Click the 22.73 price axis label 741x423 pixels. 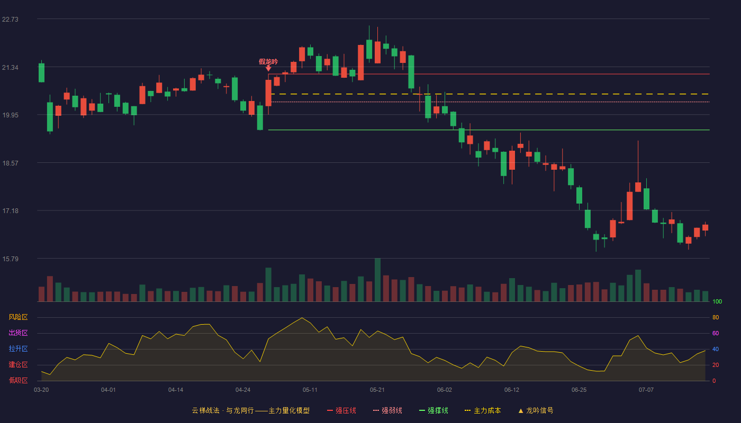(10, 19)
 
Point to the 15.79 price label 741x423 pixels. (10, 259)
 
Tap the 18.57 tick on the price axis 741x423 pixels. (10, 163)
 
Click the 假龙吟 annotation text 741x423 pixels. (268, 62)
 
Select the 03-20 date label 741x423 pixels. (41, 390)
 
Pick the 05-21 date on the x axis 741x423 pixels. (377, 390)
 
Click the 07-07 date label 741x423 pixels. (646, 390)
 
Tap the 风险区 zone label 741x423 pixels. (18, 317)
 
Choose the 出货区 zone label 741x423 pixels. (18, 333)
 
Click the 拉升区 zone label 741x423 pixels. (18, 348)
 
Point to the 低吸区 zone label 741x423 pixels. (18, 380)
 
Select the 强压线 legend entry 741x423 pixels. (341, 410)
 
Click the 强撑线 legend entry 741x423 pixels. (433, 410)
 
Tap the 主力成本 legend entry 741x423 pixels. (483, 410)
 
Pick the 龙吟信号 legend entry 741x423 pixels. (536, 410)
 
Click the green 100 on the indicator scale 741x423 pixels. (717, 301)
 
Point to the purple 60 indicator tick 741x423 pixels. (716, 333)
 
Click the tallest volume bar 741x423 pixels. (377, 280)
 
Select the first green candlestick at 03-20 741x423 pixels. (41, 73)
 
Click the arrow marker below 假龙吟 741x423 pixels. (268, 68)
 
